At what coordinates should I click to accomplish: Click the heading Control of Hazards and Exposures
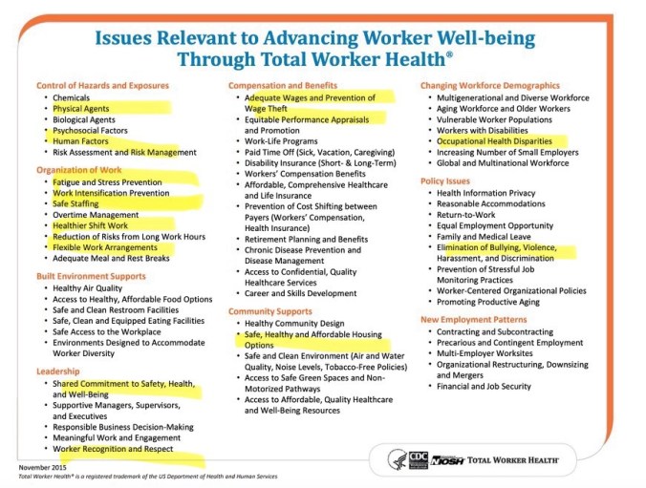102,85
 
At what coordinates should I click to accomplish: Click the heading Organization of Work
78,170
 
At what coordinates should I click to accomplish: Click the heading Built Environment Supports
92,276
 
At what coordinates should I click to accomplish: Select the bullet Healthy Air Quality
87,287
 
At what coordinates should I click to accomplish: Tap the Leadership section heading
57,371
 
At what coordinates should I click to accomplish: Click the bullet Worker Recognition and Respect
113,448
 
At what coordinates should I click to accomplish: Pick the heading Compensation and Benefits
283,85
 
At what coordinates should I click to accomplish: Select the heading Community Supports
270,311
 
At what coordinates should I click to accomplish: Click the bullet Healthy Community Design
292,324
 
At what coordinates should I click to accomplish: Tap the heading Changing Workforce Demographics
489,85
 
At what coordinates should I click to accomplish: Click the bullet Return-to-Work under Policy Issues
466,215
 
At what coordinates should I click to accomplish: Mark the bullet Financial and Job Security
484,387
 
